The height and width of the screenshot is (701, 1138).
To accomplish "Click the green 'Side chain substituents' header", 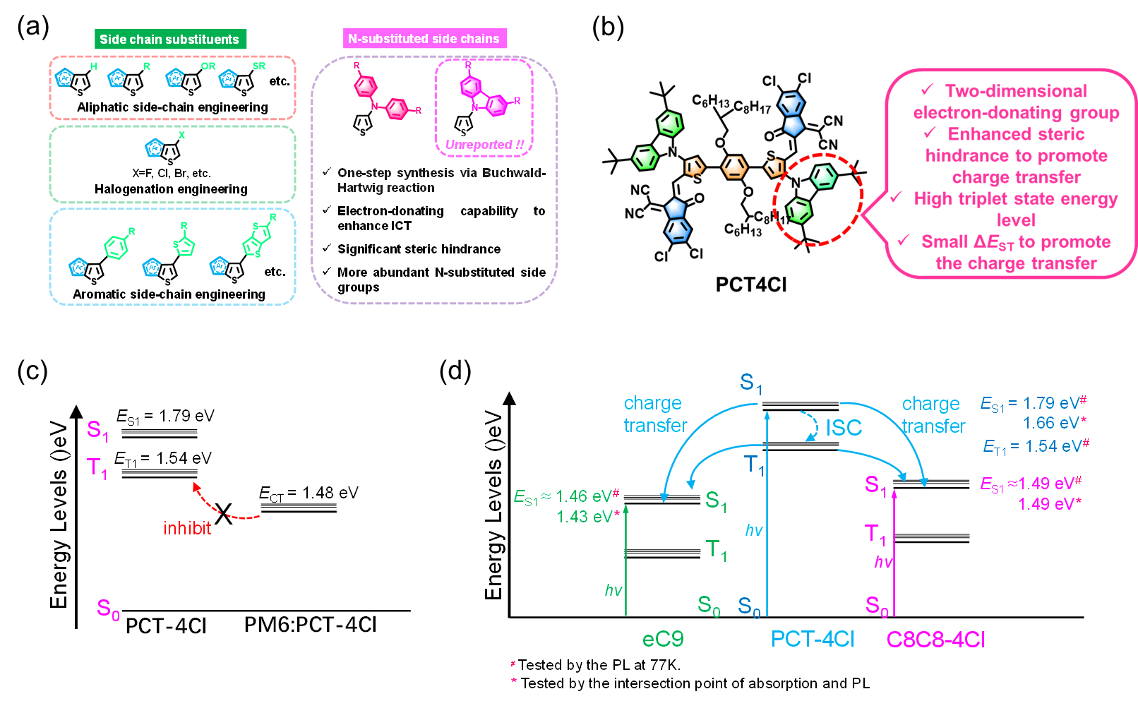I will pyautogui.click(x=169, y=40).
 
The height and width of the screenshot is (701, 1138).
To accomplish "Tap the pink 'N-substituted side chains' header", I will pyautogui.click(x=424, y=39).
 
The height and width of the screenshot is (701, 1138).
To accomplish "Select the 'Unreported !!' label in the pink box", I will pyautogui.click(x=484, y=145).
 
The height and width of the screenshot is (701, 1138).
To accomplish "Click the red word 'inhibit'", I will pyautogui.click(x=187, y=528).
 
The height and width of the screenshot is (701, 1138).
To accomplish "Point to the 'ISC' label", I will pyautogui.click(x=844, y=428).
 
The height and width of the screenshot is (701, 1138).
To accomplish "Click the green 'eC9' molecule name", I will pyautogui.click(x=663, y=639).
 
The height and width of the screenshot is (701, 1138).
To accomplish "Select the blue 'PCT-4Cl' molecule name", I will pyautogui.click(x=813, y=639).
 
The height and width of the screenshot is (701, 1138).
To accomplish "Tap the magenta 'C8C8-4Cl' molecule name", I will pyautogui.click(x=935, y=640).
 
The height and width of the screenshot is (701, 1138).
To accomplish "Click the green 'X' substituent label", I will pyautogui.click(x=181, y=136).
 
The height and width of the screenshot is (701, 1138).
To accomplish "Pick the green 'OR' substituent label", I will pyautogui.click(x=208, y=66).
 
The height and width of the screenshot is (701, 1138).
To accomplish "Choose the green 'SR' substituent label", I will pyautogui.click(x=259, y=66).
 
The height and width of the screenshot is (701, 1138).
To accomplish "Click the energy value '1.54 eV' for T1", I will pyautogui.click(x=1050, y=446).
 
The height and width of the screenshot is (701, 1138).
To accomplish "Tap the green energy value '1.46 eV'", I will pyautogui.click(x=582, y=496).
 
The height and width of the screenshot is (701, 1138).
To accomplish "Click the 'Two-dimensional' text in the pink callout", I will pyautogui.click(x=1016, y=91).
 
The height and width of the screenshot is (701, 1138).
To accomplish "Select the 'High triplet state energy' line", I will pyautogui.click(x=1016, y=199).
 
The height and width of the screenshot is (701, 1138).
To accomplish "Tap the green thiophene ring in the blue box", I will pyautogui.click(x=184, y=245).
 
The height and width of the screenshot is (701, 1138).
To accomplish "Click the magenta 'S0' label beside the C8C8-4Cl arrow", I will pyautogui.click(x=877, y=606).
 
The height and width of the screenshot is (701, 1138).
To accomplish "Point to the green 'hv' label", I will pyautogui.click(x=613, y=590).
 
